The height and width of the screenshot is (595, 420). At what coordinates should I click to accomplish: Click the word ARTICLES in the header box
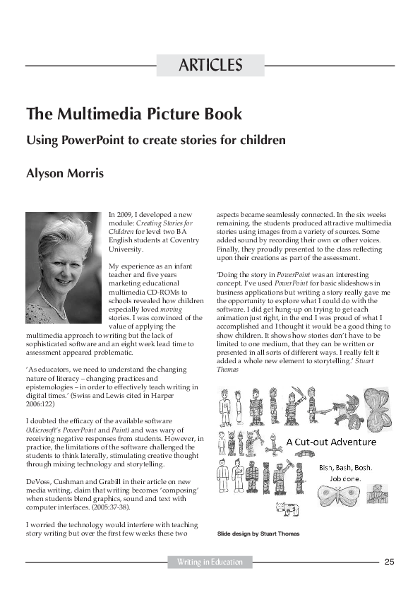[x=210, y=66]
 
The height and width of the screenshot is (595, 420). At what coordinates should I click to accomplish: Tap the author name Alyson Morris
[x=65, y=173]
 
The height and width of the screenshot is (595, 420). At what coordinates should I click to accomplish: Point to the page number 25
[x=389, y=562]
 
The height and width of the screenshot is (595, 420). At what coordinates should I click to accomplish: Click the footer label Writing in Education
[x=210, y=562]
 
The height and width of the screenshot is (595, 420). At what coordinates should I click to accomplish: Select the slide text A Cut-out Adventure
[x=330, y=443]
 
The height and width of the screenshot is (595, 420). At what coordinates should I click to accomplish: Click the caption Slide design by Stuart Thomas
[x=258, y=534]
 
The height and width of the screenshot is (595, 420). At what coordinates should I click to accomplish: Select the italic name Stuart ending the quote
[x=364, y=360]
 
